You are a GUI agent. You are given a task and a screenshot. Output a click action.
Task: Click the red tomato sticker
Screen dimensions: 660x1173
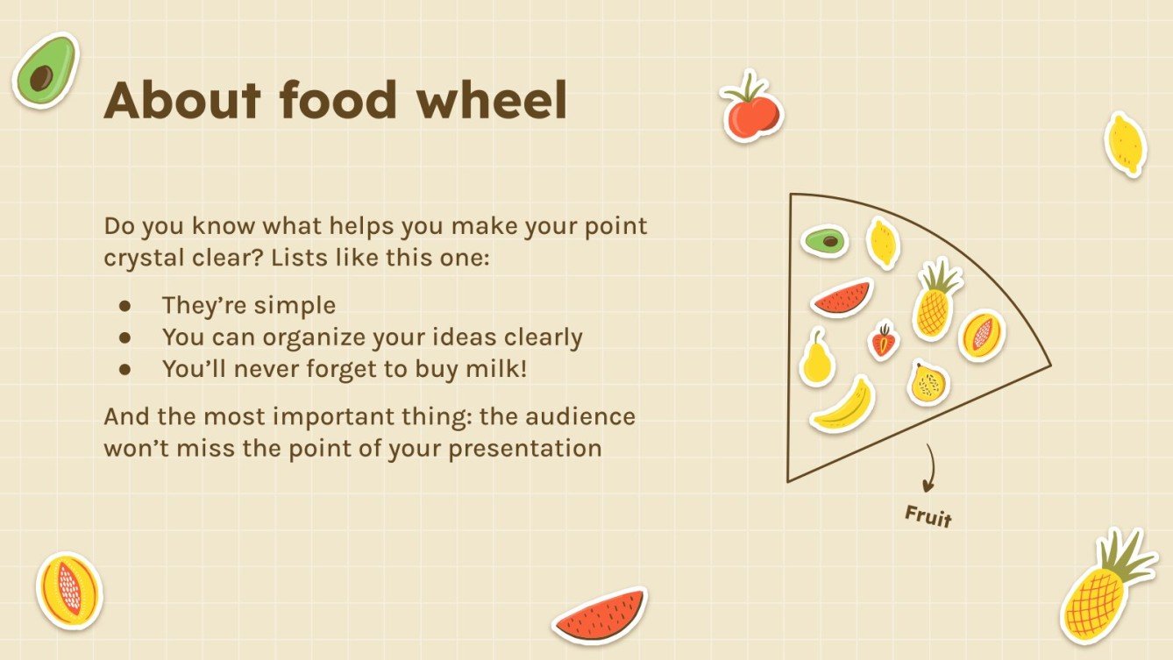751,109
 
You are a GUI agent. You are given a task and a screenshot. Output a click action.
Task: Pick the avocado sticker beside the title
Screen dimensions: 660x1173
46,70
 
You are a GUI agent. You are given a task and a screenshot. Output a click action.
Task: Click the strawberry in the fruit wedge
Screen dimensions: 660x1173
884,341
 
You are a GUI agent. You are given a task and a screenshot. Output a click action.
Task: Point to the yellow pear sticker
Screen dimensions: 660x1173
817,357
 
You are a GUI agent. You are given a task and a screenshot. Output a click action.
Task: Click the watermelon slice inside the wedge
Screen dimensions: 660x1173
842,298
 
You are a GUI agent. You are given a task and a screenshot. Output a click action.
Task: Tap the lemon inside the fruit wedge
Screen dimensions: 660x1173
883,242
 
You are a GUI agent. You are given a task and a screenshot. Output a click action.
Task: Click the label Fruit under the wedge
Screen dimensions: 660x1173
928,515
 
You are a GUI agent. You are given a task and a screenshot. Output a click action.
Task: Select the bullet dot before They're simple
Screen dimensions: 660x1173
124,306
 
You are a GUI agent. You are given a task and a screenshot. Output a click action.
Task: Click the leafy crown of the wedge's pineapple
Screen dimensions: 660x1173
939,277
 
